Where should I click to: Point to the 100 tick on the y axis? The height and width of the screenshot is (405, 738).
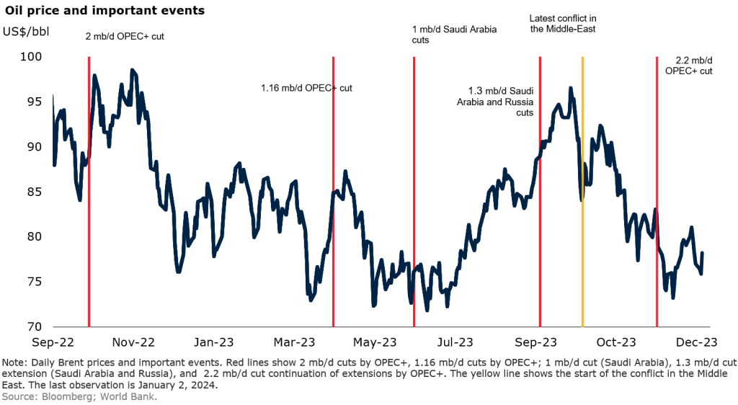(x=31, y=57)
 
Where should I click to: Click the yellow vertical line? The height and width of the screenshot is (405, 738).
(x=582, y=216)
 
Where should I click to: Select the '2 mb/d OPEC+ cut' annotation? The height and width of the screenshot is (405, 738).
(x=125, y=35)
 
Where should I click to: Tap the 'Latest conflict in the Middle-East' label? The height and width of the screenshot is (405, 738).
(x=562, y=24)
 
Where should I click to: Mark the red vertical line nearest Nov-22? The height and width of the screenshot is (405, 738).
(x=89, y=216)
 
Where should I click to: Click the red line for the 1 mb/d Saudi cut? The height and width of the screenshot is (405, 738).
(x=414, y=216)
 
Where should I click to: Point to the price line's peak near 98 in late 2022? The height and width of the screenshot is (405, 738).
(x=132, y=70)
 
